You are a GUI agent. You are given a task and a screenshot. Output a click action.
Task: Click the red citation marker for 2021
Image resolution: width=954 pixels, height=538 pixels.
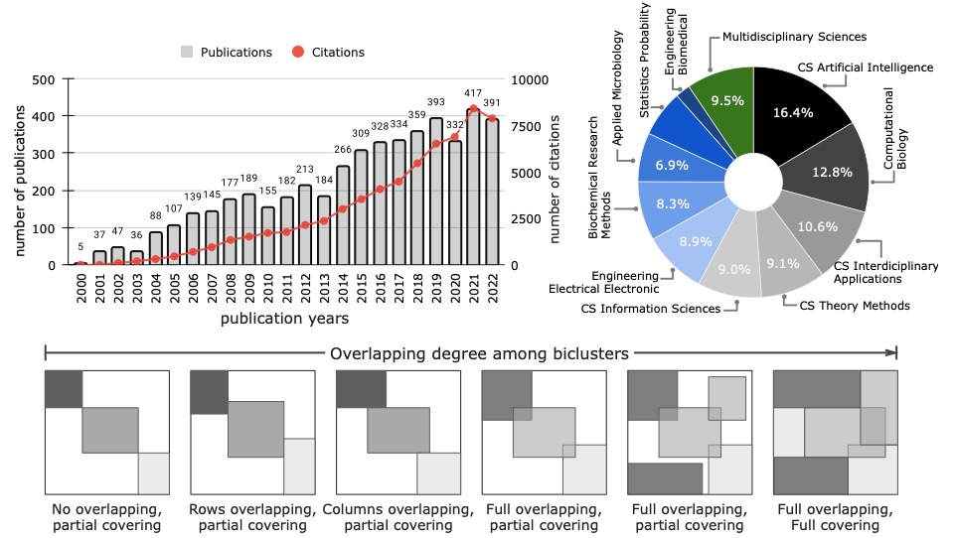(474, 109)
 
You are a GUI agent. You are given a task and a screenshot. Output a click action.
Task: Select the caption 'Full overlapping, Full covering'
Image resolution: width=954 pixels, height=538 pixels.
(832, 517)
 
